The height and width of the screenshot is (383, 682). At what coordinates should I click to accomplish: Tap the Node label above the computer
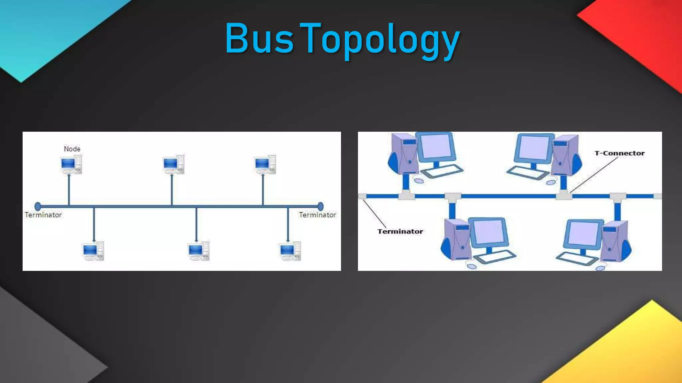point(72,149)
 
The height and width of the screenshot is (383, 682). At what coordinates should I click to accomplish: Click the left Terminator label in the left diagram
point(43,215)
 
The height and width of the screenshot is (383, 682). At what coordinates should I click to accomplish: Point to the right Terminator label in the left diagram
point(317,215)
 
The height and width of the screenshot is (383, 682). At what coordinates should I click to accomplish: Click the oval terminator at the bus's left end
point(38,206)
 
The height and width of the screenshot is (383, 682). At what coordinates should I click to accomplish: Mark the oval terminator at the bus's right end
point(320,206)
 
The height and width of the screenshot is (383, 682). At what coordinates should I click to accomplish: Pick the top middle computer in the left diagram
point(173,165)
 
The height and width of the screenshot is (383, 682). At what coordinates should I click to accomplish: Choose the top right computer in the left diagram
point(265,165)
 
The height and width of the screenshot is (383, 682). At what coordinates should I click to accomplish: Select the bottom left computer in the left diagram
point(93,251)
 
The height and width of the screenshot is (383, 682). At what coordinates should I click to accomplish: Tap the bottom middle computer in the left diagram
point(198,251)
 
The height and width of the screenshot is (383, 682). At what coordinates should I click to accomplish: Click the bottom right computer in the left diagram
point(290,251)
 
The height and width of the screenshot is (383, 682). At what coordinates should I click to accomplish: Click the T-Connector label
point(619,153)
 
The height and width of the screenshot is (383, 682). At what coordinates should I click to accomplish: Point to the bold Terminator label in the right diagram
point(400,231)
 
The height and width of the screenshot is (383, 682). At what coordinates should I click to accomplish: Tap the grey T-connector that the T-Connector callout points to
point(563,195)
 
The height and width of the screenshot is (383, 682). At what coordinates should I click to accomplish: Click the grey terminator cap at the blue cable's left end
point(362,196)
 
